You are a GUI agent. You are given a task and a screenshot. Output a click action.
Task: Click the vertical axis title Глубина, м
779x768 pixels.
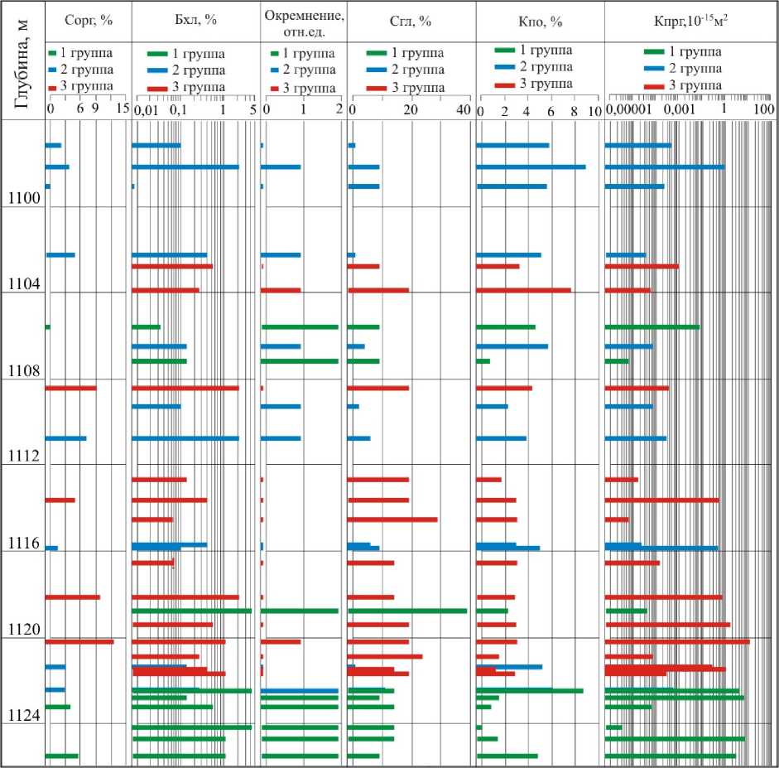click(22, 62)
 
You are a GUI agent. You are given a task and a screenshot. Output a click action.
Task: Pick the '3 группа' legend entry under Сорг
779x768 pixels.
click(79, 87)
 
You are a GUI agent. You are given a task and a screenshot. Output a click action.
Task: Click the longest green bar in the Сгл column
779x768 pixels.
click(407, 611)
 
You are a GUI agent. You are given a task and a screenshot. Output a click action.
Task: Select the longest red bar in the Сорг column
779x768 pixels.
click(79, 641)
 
